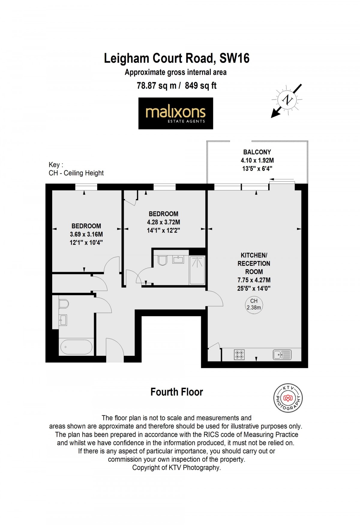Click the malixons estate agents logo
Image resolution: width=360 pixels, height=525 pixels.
175,113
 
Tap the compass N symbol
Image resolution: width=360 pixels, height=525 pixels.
287,100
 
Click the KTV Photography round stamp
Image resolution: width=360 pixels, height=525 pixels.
288,398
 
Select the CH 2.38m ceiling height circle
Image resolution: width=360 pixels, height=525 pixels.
254,304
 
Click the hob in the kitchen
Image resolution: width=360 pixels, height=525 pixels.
239,355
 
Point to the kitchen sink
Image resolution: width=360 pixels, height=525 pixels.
282,355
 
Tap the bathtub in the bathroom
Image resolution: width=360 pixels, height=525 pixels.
76,347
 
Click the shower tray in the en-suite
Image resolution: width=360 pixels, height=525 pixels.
197,270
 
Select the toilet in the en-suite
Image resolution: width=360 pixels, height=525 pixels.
162,260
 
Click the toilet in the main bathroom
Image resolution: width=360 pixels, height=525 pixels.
64,304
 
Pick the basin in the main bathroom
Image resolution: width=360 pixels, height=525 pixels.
63,320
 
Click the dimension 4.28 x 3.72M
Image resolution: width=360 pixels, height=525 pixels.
163,222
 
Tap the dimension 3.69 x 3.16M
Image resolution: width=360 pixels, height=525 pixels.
86,234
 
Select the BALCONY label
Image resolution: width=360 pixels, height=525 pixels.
257,152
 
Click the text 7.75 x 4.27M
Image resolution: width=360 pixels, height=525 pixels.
254,280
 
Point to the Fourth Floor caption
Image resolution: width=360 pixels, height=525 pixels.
177,392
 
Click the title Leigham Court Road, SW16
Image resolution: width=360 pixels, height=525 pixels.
177,58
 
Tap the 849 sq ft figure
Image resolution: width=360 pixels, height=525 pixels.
201,86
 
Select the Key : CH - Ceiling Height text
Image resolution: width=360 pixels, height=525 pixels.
76,169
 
